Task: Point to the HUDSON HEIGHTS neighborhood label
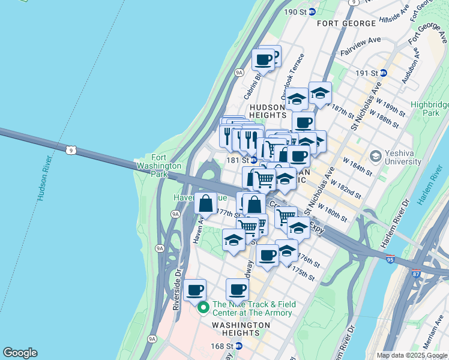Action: pos(267,111)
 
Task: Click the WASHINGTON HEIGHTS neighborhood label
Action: pos(241,325)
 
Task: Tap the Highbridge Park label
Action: pos(430,109)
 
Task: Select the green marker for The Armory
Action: pos(203,308)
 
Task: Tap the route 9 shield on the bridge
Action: pos(71,150)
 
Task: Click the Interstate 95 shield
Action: pos(390,259)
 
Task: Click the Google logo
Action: pos(20,353)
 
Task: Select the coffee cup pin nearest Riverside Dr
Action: pos(194,290)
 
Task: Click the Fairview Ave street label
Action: pos(361,41)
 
